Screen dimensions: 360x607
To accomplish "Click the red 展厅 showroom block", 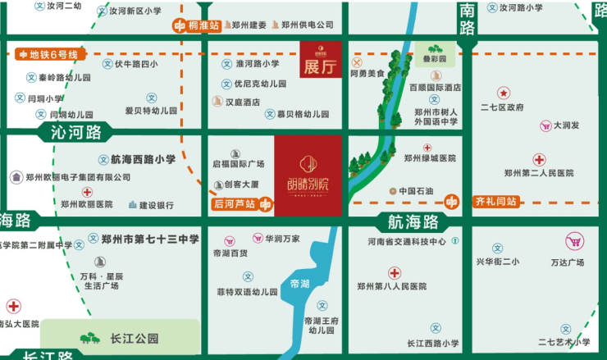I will [320, 60].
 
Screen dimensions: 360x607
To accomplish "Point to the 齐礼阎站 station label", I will [494, 201].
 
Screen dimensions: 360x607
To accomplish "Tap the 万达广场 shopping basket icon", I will [574, 241].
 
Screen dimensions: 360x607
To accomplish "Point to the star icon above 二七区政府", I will [504, 93].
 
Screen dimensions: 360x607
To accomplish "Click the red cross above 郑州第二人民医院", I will [539, 159].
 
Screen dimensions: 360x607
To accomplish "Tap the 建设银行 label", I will [156, 204].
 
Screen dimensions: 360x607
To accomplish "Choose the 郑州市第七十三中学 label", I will [150, 239].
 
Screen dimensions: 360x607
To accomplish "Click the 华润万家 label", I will [281, 239].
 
